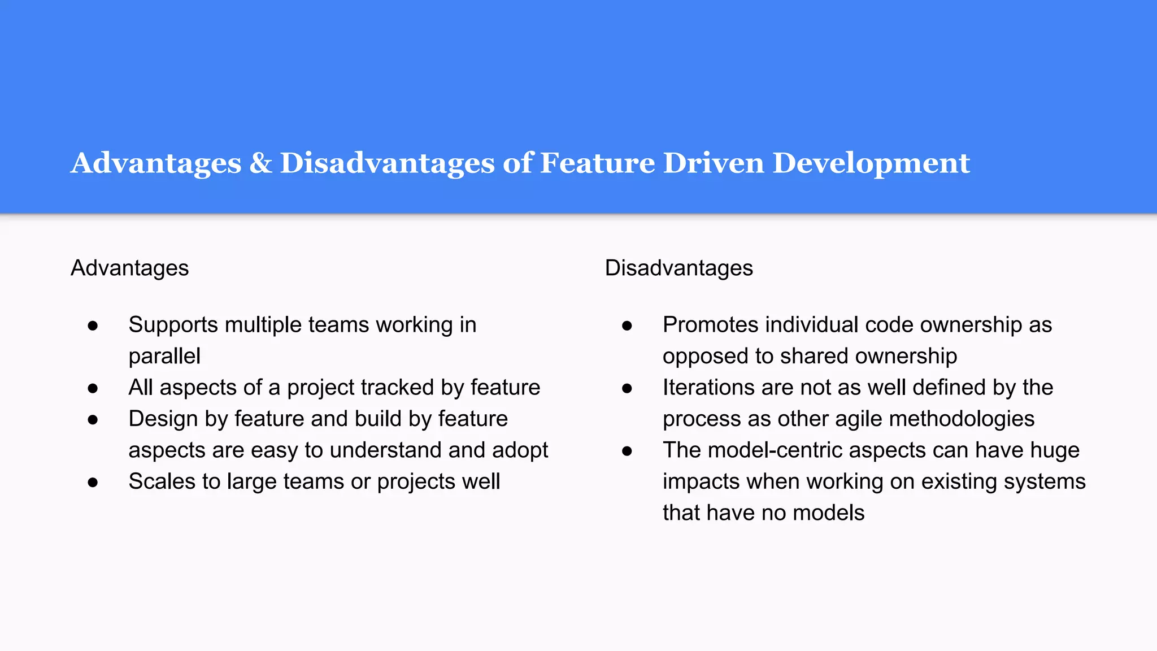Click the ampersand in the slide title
pyautogui.click(x=260, y=163)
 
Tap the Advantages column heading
pyautogui.click(x=129, y=268)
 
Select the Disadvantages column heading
pyautogui.click(x=678, y=268)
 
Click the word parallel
pyautogui.click(x=164, y=356)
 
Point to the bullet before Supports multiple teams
pyautogui.click(x=93, y=325)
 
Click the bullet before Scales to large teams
pyautogui.click(x=93, y=482)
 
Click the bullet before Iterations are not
pyautogui.click(x=627, y=388)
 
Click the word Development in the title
pyautogui.click(x=871, y=163)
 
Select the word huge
pyautogui.click(x=1055, y=450)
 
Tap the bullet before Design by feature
pyautogui.click(x=93, y=419)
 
